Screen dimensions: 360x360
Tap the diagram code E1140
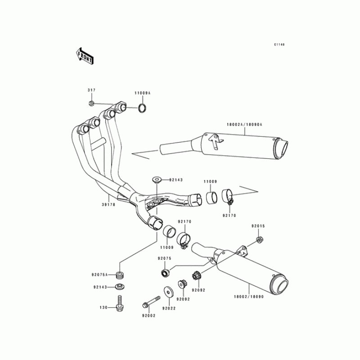point(280,45)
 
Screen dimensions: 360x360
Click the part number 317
point(91,91)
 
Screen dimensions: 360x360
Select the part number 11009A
point(142,93)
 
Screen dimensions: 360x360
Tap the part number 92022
point(169,309)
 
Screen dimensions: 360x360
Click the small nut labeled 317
point(91,104)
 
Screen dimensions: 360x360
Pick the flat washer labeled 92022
point(169,292)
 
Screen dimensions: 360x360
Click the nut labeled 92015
point(259,239)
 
